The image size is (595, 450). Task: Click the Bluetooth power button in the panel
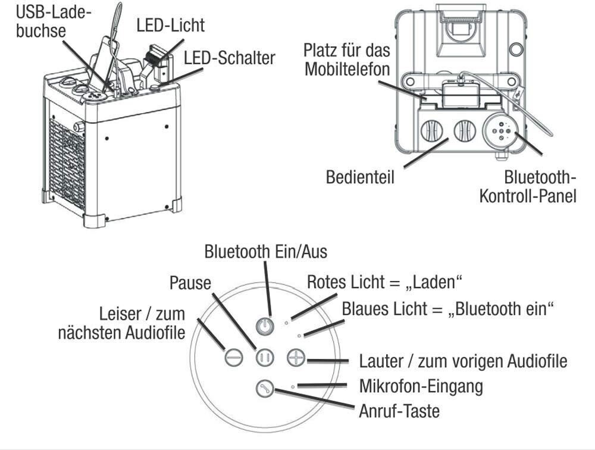(266, 326)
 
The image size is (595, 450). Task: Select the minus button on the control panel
(233, 357)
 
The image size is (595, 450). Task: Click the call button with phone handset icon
(264, 389)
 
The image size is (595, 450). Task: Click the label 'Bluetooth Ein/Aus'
(265, 252)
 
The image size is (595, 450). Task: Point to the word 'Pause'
(190, 282)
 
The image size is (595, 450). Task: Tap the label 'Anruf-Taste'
(399, 411)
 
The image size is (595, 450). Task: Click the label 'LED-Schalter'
(229, 58)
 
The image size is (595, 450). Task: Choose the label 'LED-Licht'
(170, 25)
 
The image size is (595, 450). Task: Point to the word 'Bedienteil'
(360, 177)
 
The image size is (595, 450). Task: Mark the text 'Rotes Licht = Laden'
(384, 282)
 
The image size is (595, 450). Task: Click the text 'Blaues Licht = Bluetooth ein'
(447, 309)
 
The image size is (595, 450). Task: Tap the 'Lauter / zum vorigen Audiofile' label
(463, 361)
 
